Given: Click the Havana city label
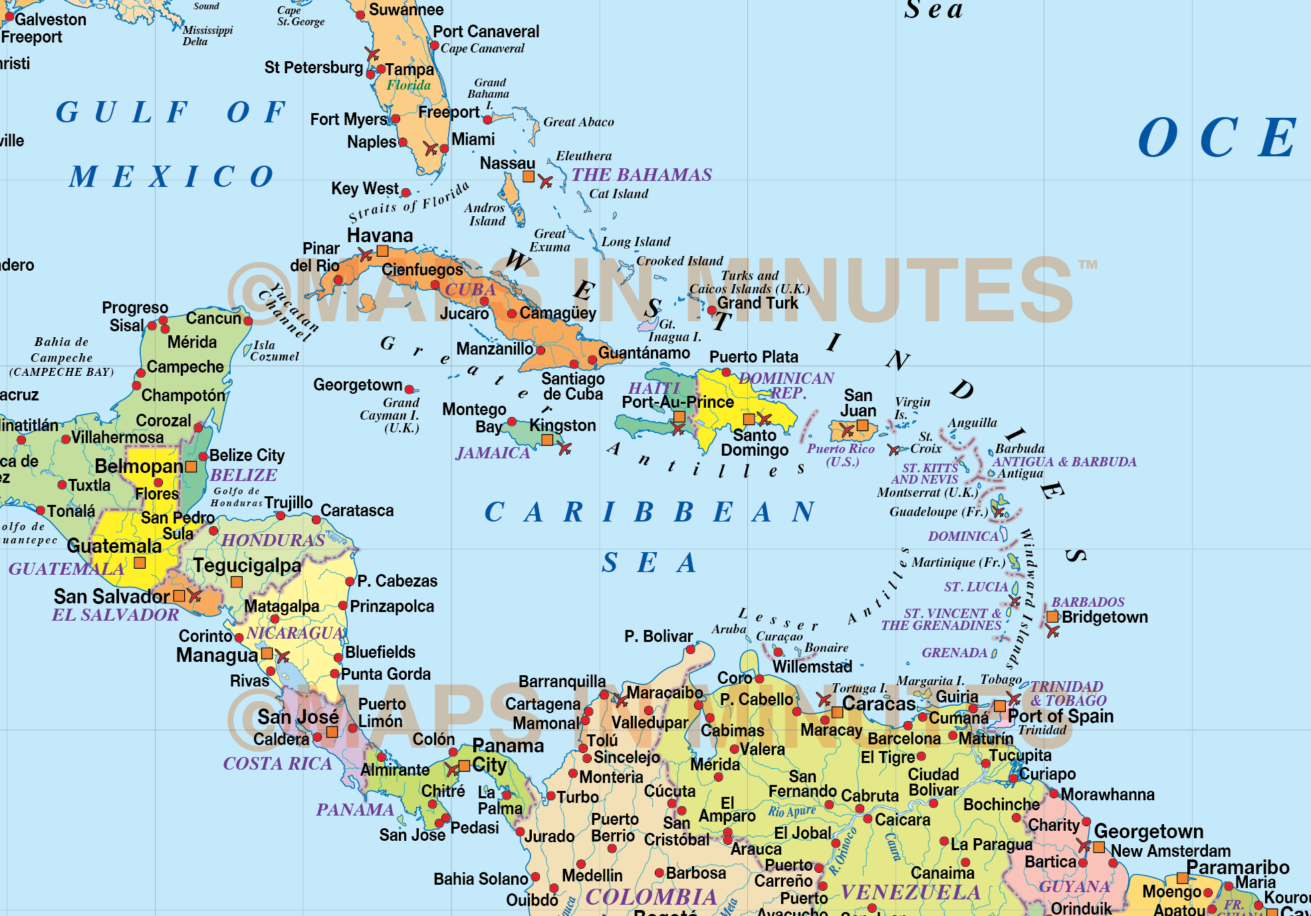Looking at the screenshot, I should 380,235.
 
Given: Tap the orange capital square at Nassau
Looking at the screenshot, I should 529,176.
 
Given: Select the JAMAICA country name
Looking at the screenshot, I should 493,453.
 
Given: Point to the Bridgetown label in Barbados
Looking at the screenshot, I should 1104,617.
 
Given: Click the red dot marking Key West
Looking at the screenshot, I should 406,193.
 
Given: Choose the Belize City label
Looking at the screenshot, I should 247,455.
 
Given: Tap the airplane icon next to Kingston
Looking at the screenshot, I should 565,449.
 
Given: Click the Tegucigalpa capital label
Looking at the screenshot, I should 247,565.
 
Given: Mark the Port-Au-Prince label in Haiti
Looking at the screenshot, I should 677,402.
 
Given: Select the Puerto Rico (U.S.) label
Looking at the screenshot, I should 841,455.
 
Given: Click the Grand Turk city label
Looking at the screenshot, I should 757,303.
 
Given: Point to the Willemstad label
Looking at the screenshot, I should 812,666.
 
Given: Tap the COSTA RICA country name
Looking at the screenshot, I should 277,763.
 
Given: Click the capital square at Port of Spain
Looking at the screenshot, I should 999,706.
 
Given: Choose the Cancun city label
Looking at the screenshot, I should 213,318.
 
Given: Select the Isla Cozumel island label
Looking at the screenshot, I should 274,351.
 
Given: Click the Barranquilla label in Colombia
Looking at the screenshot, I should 562,681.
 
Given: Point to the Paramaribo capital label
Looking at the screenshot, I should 1237,867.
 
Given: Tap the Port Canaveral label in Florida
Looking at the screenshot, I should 486,31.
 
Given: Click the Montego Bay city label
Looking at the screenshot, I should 474,418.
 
